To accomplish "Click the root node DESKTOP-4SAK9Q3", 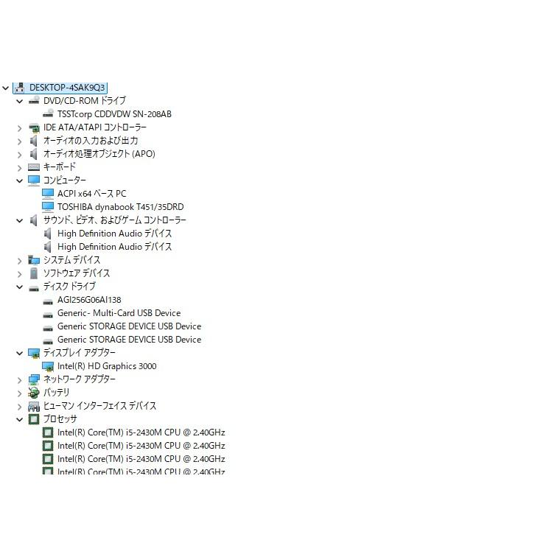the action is [67, 88].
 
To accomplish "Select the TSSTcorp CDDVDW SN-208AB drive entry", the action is [114, 114].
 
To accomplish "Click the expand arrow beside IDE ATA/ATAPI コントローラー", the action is [20, 128].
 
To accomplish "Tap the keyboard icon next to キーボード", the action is [34, 167].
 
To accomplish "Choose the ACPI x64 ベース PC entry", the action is [91, 194].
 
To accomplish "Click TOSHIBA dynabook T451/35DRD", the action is [120, 207].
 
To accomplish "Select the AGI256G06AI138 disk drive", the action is [89, 300].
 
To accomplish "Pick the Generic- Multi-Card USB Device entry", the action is [119, 313].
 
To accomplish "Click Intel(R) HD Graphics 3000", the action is [107, 366].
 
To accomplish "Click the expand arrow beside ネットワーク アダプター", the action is [20, 380].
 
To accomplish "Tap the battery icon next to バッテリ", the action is [34, 393].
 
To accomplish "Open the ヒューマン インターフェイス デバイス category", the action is [99, 406].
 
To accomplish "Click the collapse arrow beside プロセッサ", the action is [20, 419].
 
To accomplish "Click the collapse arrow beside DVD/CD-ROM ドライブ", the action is [20, 101].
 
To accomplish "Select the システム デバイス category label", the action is [71, 260].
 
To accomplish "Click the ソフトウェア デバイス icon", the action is [34, 273].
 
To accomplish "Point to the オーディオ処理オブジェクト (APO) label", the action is [99, 154].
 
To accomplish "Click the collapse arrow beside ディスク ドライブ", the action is [20, 287].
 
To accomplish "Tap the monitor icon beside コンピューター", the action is [34, 181].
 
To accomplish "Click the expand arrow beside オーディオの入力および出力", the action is [20, 141].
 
